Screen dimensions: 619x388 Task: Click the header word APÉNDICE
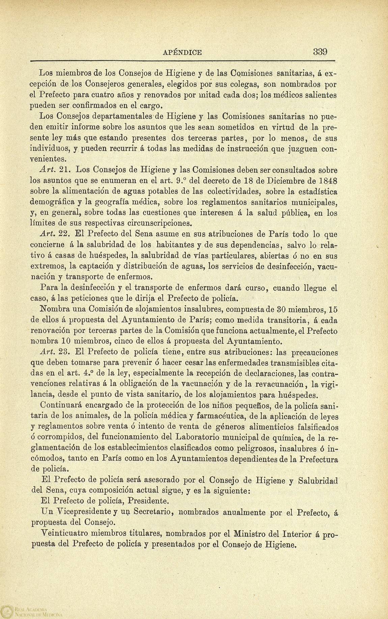182,52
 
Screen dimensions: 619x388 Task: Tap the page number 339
320,52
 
